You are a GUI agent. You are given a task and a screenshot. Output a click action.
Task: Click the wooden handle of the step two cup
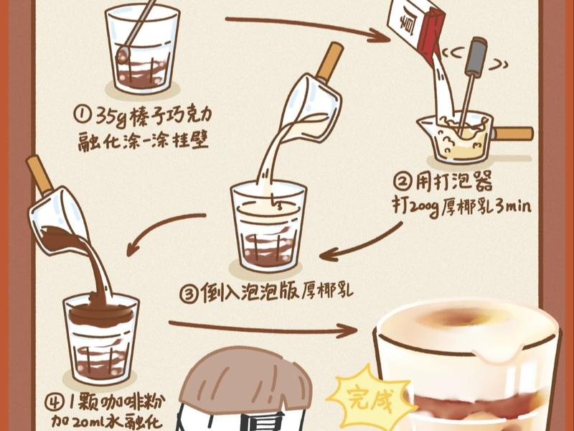pyautogui.click(x=512, y=134)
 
